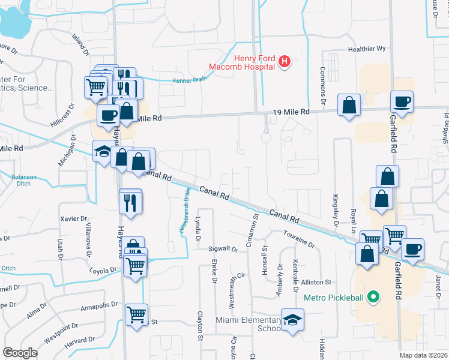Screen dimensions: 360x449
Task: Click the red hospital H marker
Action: point(285,61)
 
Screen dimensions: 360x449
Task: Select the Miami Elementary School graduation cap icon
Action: point(292,320)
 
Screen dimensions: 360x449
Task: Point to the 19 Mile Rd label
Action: point(291,112)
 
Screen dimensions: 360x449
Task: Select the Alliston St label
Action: point(316,282)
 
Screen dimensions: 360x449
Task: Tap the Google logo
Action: point(20,353)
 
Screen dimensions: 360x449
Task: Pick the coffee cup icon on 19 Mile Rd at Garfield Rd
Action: point(402,102)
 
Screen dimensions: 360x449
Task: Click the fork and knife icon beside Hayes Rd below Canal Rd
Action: point(130,202)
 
